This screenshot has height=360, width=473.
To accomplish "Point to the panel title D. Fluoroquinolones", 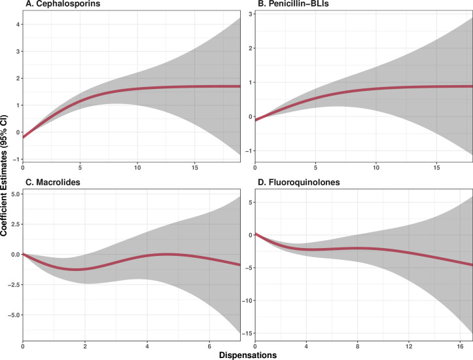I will point(295,181).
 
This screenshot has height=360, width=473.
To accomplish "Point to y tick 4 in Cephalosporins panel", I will point(16,24).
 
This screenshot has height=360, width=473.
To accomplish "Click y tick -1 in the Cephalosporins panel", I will point(15,159).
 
